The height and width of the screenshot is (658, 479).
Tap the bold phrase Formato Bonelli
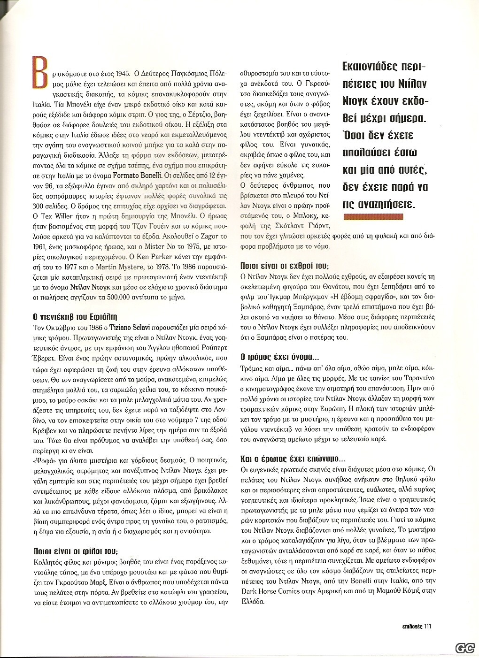pyautogui.click(x=138, y=176)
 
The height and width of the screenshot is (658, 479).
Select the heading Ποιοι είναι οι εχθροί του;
pyautogui.click(x=282, y=265)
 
